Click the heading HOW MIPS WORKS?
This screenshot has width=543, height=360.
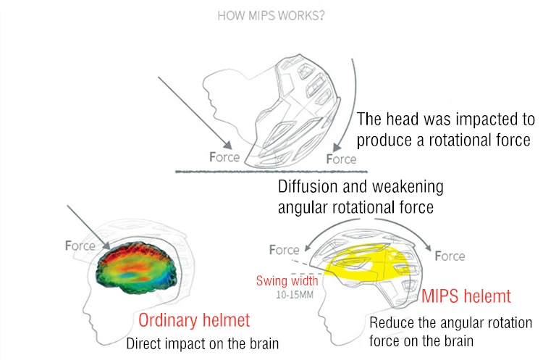click(x=271, y=15)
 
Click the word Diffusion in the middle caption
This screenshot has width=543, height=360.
click(x=307, y=187)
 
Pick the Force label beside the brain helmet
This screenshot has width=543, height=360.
click(x=80, y=246)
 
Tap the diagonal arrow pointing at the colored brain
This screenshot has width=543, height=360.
click(x=89, y=228)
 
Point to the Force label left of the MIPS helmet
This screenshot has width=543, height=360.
click(x=284, y=250)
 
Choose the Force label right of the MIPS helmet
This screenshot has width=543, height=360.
click(x=450, y=256)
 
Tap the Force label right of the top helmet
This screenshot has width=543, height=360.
click(x=341, y=159)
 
